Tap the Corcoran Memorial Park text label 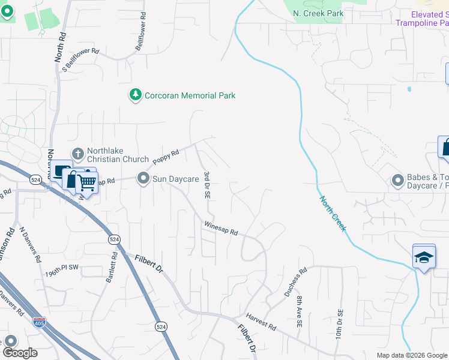190,95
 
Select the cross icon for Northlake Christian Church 77,154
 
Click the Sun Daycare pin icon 143,178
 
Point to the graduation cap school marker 424,257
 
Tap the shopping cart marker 87,182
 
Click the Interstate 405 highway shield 39,322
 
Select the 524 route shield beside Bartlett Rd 113,239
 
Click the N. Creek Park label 318,13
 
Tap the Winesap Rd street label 221,228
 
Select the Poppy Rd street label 166,157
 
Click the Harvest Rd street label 260,322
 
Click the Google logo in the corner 20,353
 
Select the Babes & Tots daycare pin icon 397,180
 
